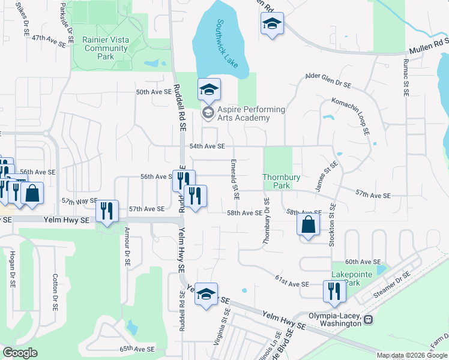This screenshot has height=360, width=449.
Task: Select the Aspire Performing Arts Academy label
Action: click(243, 114)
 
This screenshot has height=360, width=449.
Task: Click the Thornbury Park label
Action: click(277, 181)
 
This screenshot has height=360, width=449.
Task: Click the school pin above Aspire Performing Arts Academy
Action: click(209, 90)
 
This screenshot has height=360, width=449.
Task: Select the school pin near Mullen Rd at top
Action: click(272, 24)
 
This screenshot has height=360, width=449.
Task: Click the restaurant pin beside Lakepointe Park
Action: click(334, 291)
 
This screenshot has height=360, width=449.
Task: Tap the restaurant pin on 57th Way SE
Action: click(107, 211)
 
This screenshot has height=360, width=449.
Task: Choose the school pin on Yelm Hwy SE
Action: click(205, 294)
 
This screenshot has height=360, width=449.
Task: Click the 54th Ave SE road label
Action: click(207, 146)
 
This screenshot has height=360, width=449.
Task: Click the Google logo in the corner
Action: click(20, 353)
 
